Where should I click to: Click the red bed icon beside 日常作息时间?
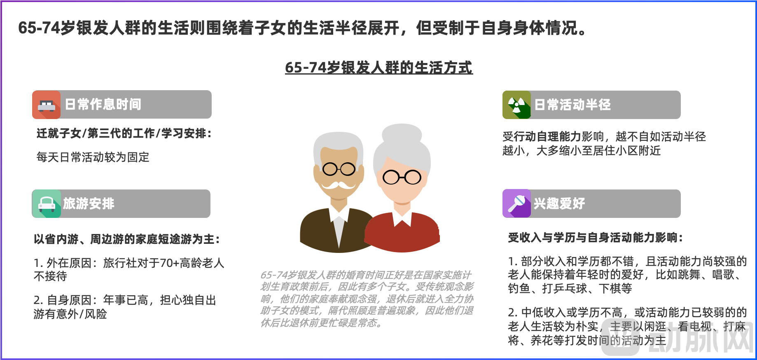click(x=47, y=105)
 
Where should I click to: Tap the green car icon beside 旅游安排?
click(x=47, y=203)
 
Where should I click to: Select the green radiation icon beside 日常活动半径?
click(x=516, y=105)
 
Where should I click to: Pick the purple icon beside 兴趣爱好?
click(x=516, y=203)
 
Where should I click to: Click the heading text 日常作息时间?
click(x=103, y=105)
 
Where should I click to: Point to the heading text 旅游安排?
click(x=89, y=203)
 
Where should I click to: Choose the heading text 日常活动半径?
click(x=572, y=105)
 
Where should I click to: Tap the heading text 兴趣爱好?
click(x=559, y=203)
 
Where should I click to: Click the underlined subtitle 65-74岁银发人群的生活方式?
click(x=379, y=68)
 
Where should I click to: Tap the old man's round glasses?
click(x=339, y=169)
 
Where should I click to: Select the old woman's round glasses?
click(x=402, y=178)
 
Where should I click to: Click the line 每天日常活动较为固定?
click(x=93, y=157)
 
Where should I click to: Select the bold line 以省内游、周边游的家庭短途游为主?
click(x=127, y=239)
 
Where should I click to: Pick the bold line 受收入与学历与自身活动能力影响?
click(x=596, y=238)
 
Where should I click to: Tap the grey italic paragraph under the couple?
click(x=367, y=299)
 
